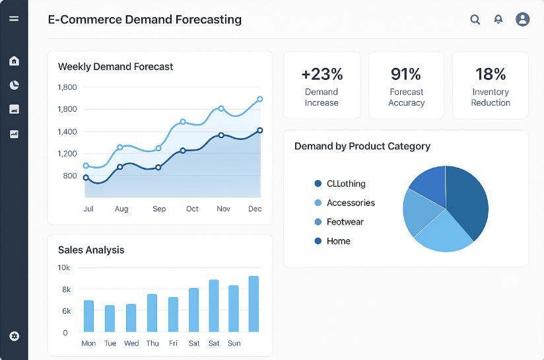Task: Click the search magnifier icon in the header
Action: point(475,20)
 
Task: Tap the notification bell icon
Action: point(498,20)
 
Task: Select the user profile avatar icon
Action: point(522,19)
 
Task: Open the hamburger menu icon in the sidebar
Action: point(14,18)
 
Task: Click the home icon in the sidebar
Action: point(14,61)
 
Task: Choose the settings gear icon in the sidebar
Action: point(14,336)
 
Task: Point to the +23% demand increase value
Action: point(322,74)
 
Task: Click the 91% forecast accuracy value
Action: point(406,74)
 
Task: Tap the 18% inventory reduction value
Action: point(491,74)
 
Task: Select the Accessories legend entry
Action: point(351,203)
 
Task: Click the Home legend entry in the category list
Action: point(338,241)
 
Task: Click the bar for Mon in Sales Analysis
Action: point(88,316)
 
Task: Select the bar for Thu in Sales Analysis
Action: point(152,313)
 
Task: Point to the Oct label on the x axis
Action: point(192,209)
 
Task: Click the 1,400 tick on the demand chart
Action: point(67,132)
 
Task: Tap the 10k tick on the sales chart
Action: point(64,268)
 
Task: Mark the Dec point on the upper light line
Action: point(260,99)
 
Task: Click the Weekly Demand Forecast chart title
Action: point(116,67)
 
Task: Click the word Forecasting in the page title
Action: point(199,20)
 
